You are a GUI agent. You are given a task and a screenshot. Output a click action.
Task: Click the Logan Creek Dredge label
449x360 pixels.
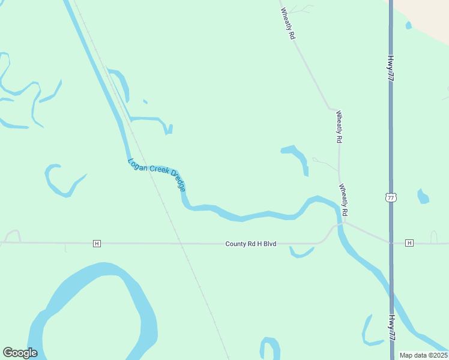pos(157,175)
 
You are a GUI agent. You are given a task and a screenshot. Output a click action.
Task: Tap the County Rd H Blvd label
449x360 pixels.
pos(250,244)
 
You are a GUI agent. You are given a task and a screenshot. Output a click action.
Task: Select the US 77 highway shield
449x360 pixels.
pos(391,197)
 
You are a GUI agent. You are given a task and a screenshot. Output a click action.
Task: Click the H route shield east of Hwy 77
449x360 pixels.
pos(409,243)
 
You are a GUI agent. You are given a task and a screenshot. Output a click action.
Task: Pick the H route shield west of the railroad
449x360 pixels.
pos(97,243)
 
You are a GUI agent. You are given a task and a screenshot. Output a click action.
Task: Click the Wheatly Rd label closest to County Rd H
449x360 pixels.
pos(344,200)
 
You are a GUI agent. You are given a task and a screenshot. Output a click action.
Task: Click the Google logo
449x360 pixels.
pos(20,353)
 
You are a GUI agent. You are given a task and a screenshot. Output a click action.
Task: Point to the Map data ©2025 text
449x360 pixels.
pos(423,355)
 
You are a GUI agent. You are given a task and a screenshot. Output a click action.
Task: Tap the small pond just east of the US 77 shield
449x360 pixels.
pos(423,197)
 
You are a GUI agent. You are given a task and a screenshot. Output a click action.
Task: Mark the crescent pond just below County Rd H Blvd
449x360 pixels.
pos(300,253)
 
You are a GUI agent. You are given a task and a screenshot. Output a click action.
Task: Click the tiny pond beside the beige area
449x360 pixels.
pos(409,25)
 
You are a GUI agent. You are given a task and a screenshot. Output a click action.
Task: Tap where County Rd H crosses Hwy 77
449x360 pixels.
pos(391,243)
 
